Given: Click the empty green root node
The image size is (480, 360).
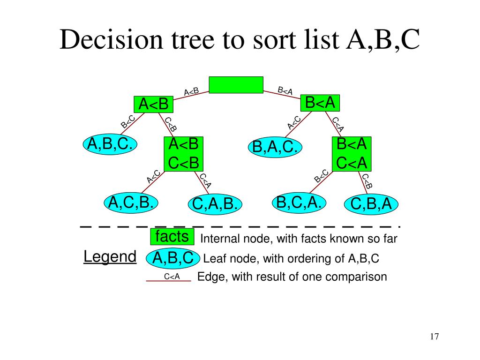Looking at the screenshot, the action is (x=236, y=85).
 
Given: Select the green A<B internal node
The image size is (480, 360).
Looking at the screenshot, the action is (x=153, y=104).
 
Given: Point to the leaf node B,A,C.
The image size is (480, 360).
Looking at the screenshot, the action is (x=276, y=147).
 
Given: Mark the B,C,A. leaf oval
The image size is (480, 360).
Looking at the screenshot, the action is (x=299, y=202).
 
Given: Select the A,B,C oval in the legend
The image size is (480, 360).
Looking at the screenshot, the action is (x=173, y=258).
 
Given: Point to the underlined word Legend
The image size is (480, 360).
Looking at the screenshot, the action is (x=110, y=257).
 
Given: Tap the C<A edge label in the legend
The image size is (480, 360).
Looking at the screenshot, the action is (x=172, y=277).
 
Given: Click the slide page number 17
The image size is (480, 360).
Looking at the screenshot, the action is (x=434, y=337).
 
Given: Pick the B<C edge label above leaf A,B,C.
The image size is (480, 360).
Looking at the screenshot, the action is (x=128, y=122).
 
